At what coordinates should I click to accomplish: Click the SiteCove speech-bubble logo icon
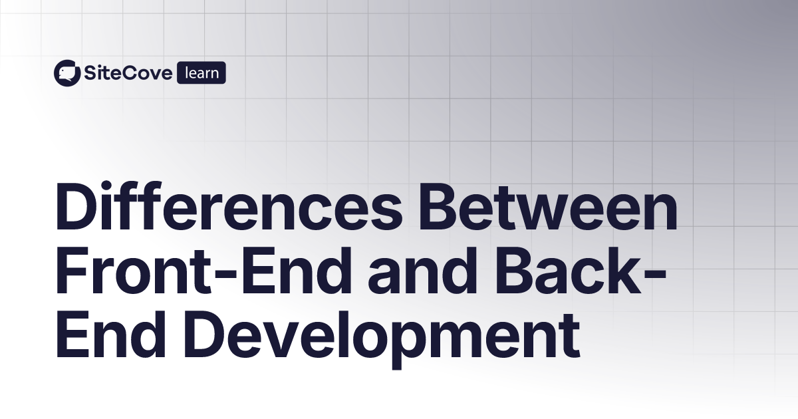[66, 72]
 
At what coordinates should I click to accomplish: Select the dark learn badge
[201, 72]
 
